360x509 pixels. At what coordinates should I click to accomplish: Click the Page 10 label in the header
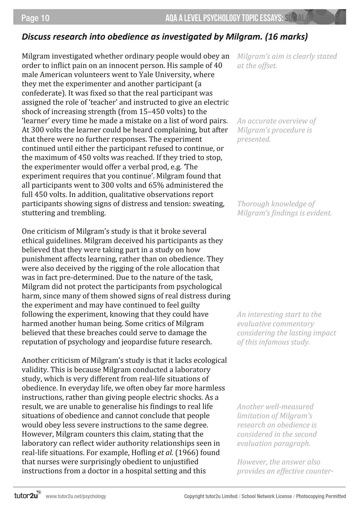pos(35,18)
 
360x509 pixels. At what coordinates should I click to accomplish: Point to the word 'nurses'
pos(47,462)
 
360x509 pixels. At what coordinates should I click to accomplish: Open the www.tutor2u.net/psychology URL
pos(76,496)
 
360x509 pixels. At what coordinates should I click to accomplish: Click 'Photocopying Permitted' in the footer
pos(321,496)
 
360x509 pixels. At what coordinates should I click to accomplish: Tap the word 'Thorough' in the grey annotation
pos(253,204)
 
